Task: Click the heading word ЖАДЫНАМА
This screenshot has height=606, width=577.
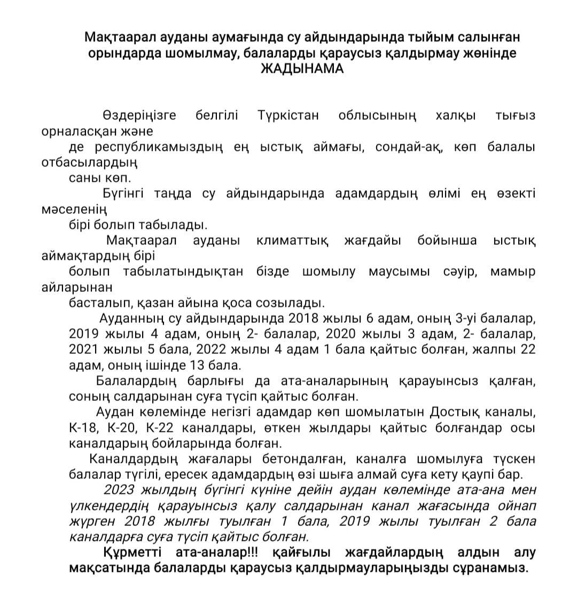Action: pyautogui.click(x=302, y=69)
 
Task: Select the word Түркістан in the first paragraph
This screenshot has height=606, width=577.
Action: pyautogui.click(x=288, y=115)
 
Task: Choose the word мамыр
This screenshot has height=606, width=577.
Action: pyautogui.click(x=512, y=271)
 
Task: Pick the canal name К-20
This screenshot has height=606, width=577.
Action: pyautogui.click(x=122, y=428)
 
